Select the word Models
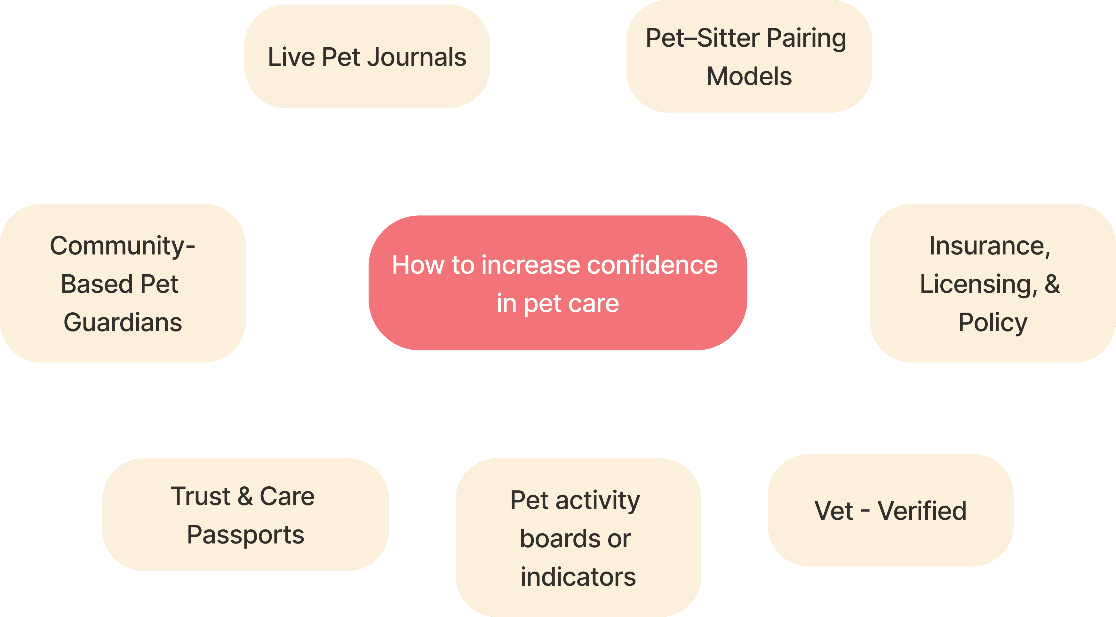tap(749, 77)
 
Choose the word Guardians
tap(123, 323)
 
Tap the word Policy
tap(992, 323)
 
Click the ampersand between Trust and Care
tap(245, 496)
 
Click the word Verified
tap(922, 511)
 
